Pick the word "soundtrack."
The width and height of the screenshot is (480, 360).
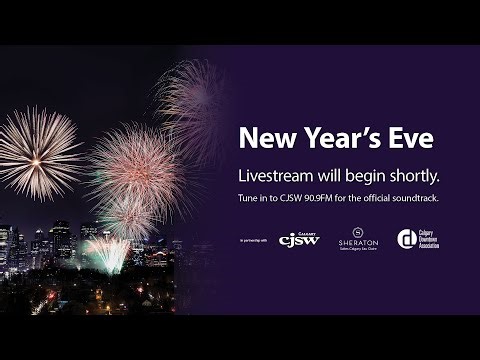[413, 198]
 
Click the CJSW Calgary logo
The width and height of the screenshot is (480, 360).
[299, 240]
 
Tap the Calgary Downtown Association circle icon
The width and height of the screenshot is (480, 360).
[406, 240]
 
